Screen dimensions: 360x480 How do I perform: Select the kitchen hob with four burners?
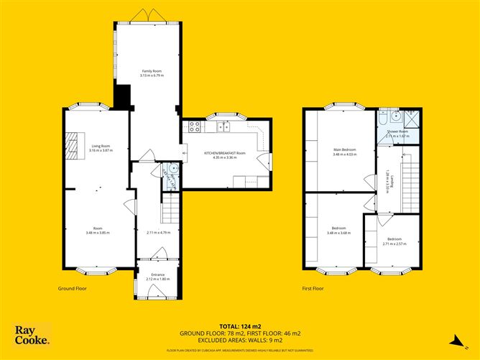(194, 127)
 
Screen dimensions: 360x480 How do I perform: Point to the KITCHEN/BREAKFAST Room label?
(225, 153)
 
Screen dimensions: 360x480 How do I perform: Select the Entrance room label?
(157, 274)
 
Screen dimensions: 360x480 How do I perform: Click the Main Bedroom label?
(344, 149)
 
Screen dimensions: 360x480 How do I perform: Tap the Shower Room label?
(397, 131)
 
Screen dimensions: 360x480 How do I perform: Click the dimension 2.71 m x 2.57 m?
(395, 244)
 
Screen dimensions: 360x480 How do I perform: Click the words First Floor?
(313, 288)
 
